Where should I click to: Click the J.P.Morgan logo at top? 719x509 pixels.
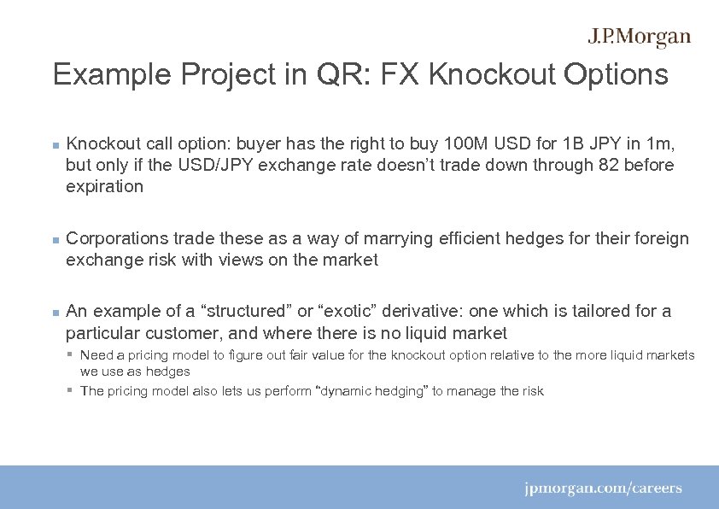pyautogui.click(x=639, y=38)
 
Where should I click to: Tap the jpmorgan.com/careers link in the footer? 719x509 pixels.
pyautogui.click(x=603, y=489)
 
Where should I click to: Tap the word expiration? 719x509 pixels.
pyautogui.click(x=104, y=187)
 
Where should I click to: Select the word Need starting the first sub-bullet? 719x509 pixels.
pyautogui.click(x=95, y=355)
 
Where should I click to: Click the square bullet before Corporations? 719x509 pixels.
pyautogui.click(x=55, y=240)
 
